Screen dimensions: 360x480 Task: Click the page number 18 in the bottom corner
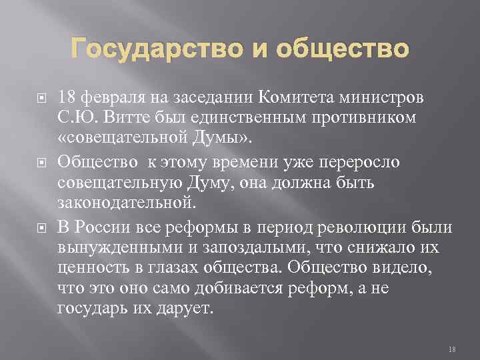[451, 349]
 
